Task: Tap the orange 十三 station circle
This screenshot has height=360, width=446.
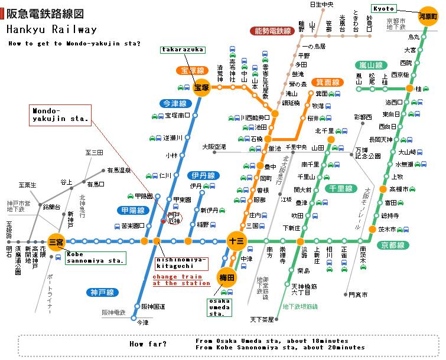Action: tap(235, 241)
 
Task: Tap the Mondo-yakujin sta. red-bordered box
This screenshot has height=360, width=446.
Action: tap(60, 114)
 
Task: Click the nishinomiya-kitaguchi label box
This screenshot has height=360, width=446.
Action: tap(181, 263)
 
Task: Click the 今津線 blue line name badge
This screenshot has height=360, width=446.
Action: tap(175, 103)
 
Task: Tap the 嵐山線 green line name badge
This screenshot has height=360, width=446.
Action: tap(370, 65)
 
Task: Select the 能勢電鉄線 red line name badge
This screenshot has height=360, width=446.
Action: tap(272, 31)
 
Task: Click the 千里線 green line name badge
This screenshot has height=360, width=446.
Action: tap(341, 189)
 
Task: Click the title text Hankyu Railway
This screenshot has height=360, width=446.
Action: tap(52, 30)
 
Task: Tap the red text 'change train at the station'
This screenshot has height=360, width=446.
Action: tap(181, 279)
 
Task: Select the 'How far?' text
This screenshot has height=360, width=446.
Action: tap(148, 343)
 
